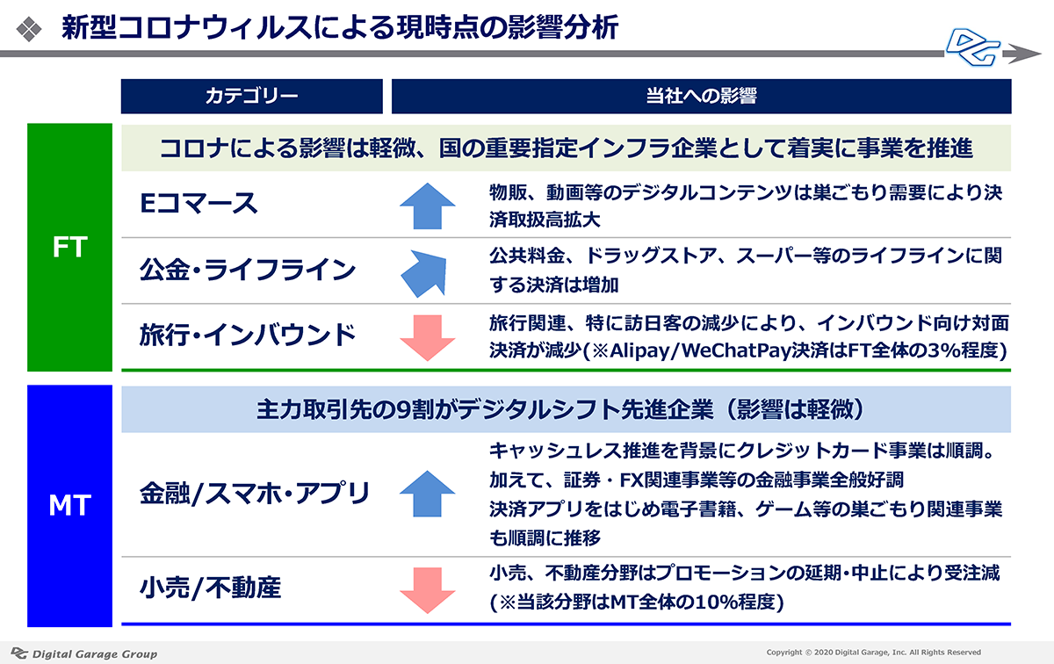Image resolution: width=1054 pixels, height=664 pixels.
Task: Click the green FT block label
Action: (69, 247)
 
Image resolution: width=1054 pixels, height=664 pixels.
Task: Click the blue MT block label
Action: (69, 506)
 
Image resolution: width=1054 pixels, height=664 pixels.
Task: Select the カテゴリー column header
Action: (252, 97)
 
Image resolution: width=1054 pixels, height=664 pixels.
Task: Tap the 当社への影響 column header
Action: (701, 97)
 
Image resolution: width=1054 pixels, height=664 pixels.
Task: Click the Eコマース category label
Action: (199, 204)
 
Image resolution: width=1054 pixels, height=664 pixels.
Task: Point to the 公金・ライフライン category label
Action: (248, 271)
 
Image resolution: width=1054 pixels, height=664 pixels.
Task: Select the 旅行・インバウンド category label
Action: (248, 335)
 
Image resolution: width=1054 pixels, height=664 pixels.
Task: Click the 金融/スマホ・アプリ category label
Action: (255, 494)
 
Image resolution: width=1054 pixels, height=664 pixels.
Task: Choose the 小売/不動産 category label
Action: (210, 588)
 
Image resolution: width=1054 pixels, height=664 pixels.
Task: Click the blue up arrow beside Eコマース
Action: (427, 206)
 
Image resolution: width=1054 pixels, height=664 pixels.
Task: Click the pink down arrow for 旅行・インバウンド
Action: (427, 338)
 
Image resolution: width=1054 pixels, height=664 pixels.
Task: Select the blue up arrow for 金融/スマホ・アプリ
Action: (427, 494)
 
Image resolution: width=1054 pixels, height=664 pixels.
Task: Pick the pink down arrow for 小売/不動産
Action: (427, 590)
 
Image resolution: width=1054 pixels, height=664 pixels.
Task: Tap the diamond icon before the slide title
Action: (29, 29)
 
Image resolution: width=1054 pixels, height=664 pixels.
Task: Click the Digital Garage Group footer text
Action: (95, 653)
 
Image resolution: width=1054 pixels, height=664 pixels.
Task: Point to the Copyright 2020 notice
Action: (874, 653)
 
